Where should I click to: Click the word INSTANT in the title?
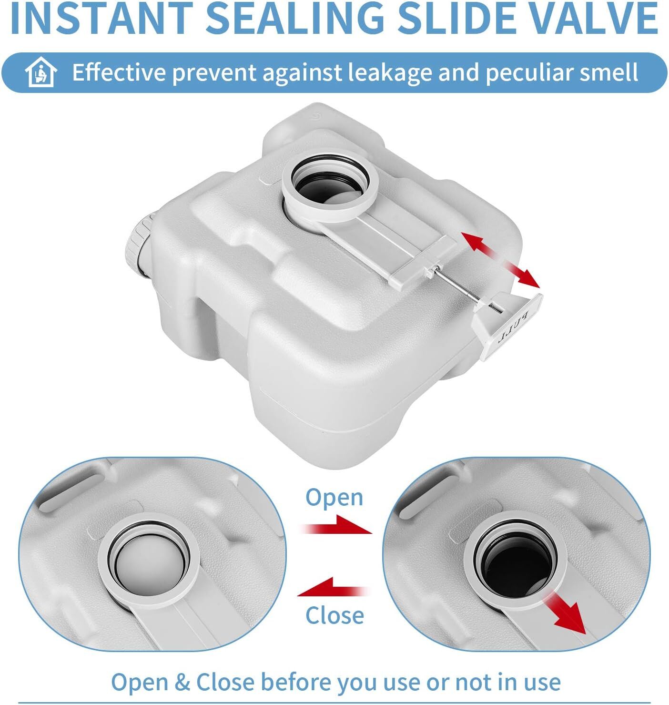pos(102,18)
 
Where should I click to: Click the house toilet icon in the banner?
pos(41,72)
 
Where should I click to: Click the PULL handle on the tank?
pos(508,326)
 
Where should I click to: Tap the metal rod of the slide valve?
pos(466,287)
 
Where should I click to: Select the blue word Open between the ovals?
pos(334,498)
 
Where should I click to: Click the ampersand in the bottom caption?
pos(182,682)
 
